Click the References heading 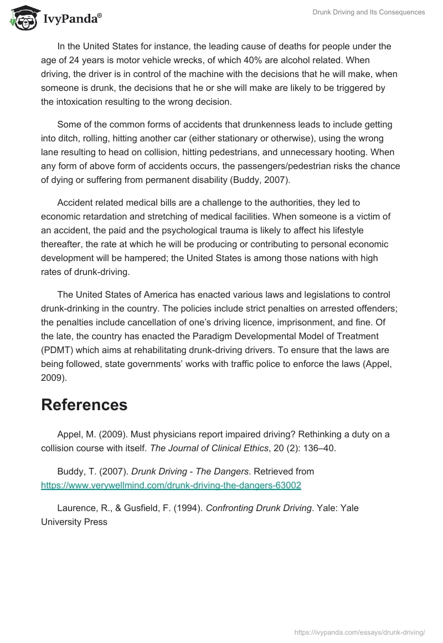[x=84, y=405]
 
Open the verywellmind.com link [x=171, y=485]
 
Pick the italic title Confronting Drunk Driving [x=259, y=508]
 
